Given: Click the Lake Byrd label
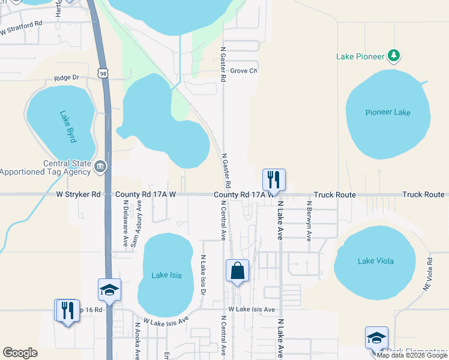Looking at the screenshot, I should tap(68, 127).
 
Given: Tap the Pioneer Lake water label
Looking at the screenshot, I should tap(388, 112).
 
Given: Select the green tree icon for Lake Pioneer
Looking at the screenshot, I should tap(394, 56).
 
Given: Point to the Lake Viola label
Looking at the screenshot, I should tap(374, 260).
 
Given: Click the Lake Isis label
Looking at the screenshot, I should tap(164, 275).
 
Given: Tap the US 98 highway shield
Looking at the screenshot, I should tap(104, 73).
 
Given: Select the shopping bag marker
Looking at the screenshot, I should tap(238, 271).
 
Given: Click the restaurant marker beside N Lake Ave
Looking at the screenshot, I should tap(274, 179).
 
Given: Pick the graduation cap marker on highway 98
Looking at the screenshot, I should tap(109, 290).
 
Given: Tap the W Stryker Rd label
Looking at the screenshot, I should tap(79, 194).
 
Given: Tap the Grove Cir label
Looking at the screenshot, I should tap(244, 71).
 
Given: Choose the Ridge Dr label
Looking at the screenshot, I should tap(67, 78).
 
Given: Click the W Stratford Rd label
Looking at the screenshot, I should tap(21, 27).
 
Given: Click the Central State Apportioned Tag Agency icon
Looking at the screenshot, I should tap(100, 166).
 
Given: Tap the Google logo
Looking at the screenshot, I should tap(20, 353).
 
